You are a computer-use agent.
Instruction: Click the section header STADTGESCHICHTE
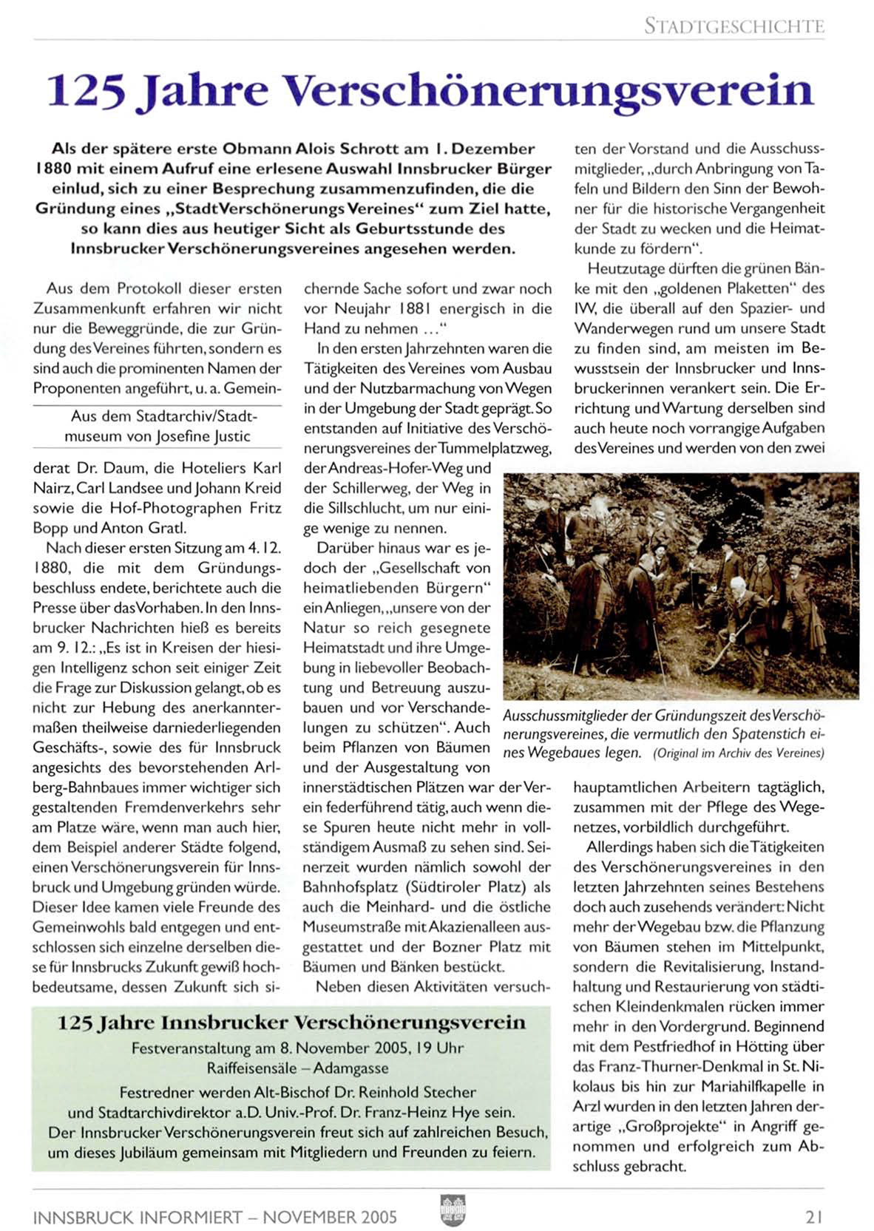(x=734, y=27)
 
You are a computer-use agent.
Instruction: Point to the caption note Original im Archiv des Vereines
(x=738, y=753)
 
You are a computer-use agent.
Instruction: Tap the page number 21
(x=814, y=1215)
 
